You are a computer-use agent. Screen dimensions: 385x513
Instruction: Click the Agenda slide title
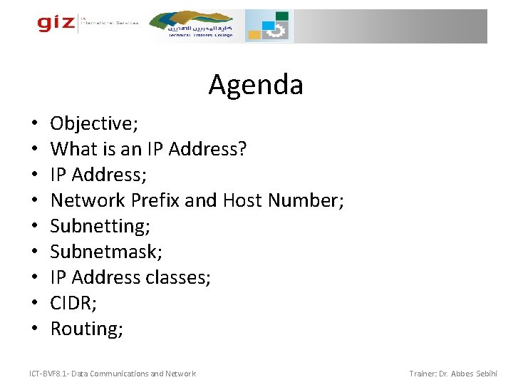click(x=256, y=86)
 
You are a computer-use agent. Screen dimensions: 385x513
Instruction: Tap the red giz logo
click(x=56, y=23)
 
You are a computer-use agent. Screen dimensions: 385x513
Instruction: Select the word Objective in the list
click(x=92, y=123)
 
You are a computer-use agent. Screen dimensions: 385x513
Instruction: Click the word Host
click(x=243, y=200)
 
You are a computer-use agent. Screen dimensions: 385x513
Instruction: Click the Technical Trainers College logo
click(x=199, y=26)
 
